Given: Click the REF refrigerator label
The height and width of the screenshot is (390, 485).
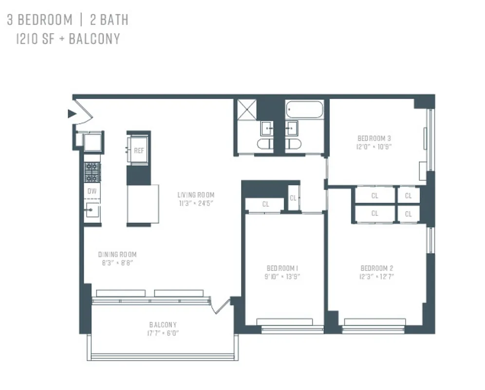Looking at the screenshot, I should tap(139, 151).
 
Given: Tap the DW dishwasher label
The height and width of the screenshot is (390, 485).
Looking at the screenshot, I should tap(92, 192).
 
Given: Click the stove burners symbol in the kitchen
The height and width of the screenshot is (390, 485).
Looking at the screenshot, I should tap(92, 172).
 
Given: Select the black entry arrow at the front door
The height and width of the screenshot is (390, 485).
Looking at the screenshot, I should tap(72, 114).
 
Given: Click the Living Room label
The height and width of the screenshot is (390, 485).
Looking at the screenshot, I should tap(196, 195).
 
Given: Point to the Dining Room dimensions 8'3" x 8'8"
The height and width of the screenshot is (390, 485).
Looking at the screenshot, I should tap(117, 262).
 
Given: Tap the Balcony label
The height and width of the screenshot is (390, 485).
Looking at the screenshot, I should tap(163, 325).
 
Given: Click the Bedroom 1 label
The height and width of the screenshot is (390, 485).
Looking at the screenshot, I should tap(282, 268).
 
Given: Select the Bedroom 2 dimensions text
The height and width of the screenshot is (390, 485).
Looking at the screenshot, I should tap(377, 276).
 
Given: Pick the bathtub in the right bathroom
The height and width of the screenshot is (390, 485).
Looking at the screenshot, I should tap(304, 109).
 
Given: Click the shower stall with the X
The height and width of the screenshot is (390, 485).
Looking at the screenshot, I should tap(246, 109).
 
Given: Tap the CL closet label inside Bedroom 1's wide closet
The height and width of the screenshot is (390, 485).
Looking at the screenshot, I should tap(265, 204).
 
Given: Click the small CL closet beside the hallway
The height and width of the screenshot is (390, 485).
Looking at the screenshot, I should tap(293, 198).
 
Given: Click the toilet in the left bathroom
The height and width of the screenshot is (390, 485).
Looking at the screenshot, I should tap(266, 144).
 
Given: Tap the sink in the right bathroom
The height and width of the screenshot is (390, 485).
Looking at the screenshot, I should tap(293, 128).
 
